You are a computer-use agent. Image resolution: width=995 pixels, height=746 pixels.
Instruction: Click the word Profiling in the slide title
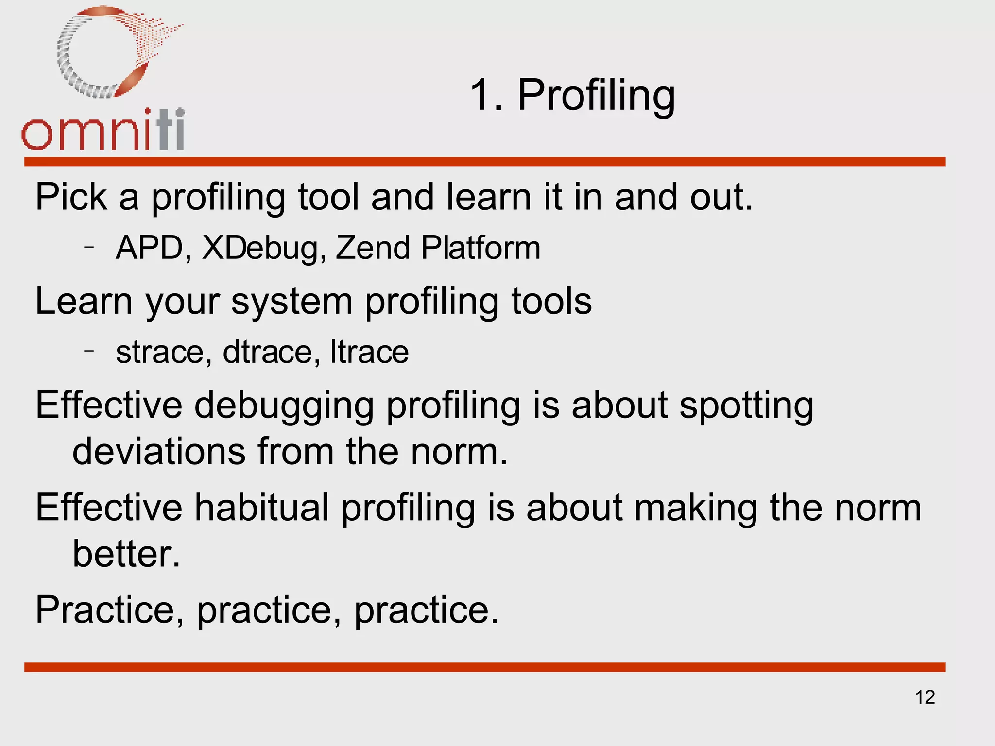click(596, 96)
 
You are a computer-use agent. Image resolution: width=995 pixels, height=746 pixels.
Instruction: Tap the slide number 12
click(925, 697)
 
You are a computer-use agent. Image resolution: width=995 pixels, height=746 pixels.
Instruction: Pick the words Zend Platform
click(438, 248)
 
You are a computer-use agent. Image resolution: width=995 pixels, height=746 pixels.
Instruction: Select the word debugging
click(284, 406)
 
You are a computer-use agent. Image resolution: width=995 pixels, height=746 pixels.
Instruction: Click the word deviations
click(158, 452)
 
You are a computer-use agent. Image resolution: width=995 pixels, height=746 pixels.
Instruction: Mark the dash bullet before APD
click(88, 247)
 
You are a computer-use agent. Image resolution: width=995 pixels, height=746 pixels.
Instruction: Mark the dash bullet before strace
click(88, 350)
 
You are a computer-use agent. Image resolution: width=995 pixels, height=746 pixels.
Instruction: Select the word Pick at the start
click(71, 197)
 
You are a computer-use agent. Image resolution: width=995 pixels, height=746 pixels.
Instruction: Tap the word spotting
click(746, 406)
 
